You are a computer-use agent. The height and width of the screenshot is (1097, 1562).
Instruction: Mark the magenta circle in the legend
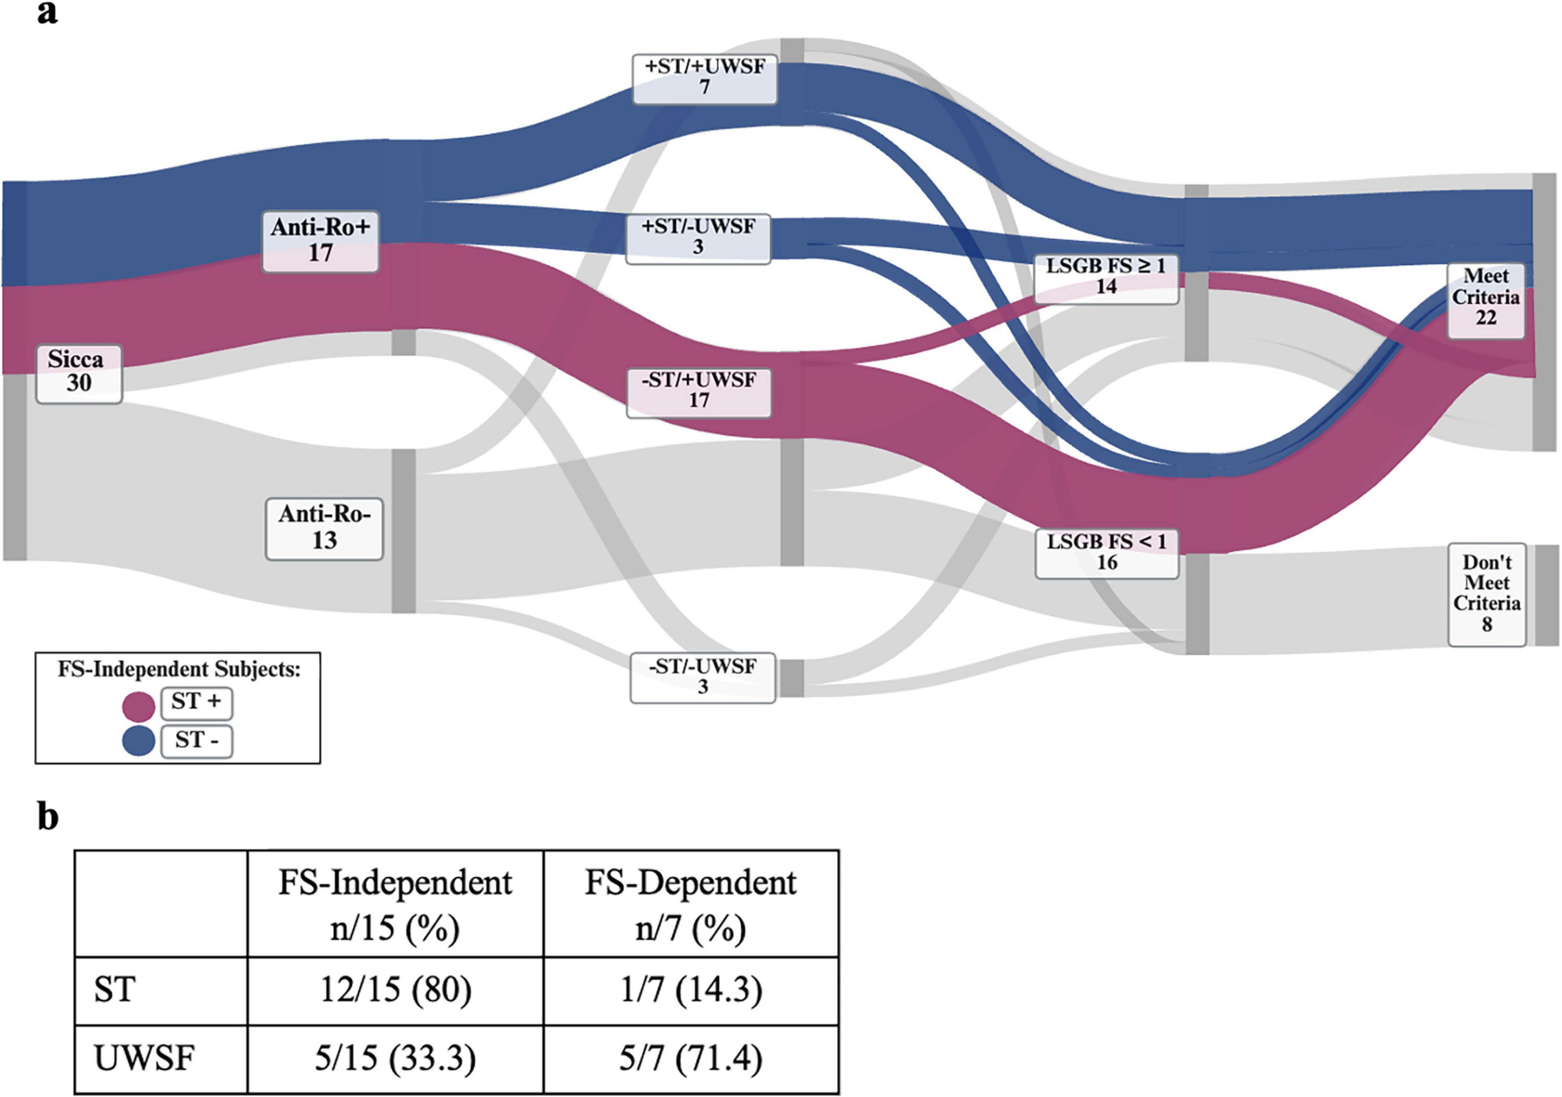point(139,706)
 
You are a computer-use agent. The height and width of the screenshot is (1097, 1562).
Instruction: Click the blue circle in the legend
point(139,741)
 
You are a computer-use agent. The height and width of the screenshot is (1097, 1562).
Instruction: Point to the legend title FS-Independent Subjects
point(178,670)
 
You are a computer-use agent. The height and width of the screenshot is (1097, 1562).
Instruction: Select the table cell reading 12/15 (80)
point(395,990)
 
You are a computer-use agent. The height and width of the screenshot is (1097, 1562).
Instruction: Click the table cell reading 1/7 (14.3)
point(690,990)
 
